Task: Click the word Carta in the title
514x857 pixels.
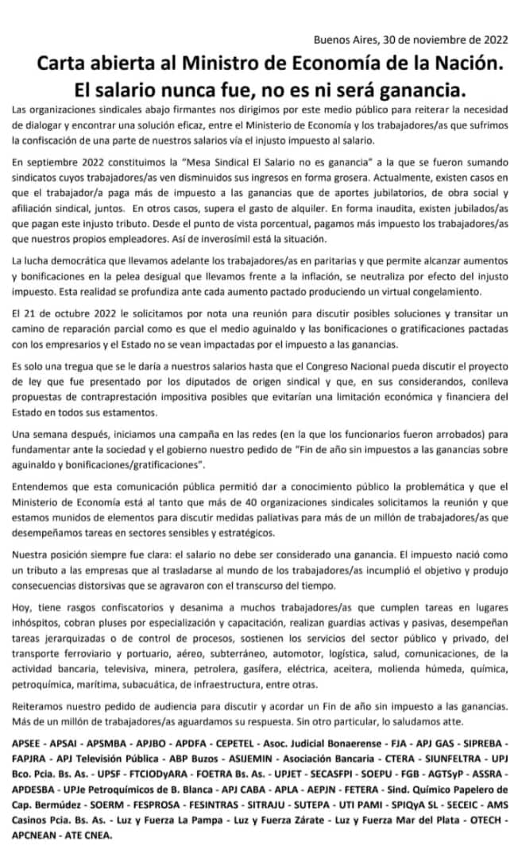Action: coord(67,63)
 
